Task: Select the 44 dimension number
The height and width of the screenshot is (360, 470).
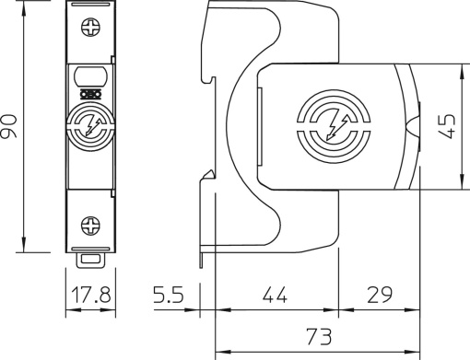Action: (x=275, y=296)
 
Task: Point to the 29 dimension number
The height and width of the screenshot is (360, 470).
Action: (x=378, y=296)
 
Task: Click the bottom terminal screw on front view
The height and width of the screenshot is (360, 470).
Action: (x=91, y=223)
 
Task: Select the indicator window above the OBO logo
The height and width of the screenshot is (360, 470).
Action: (x=91, y=76)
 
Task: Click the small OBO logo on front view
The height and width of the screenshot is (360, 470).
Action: (x=91, y=93)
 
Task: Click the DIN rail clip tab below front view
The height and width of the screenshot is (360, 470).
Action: (x=91, y=260)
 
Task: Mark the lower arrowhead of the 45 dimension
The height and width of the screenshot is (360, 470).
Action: (x=461, y=185)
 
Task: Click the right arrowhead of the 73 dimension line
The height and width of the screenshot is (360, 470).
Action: (x=416, y=352)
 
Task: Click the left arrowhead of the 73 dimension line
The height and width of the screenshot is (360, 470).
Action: (x=218, y=352)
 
